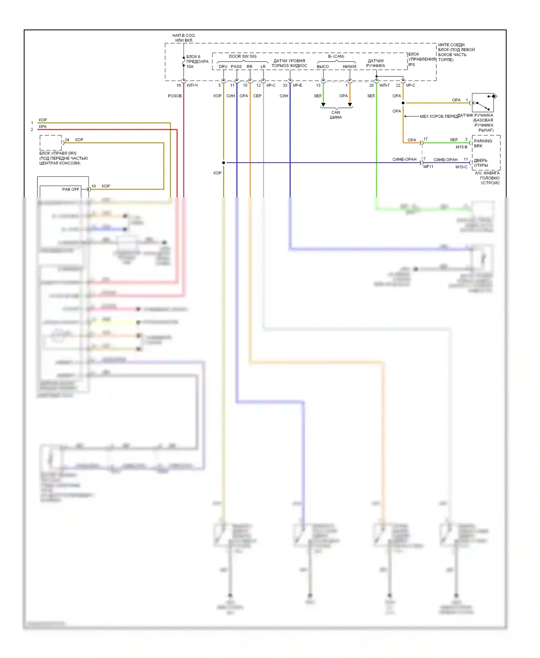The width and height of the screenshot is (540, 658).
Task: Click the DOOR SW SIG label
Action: pyautogui.click(x=243, y=56)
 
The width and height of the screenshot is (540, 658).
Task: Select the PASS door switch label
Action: pyautogui.click(x=236, y=67)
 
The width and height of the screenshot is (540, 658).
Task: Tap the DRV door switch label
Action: pyautogui.click(x=223, y=67)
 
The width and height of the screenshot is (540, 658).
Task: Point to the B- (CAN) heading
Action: pyautogui.click(x=336, y=56)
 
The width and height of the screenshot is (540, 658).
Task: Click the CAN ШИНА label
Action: pyautogui.click(x=336, y=115)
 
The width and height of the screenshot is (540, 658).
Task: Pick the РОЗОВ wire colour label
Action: pyautogui.click(x=175, y=96)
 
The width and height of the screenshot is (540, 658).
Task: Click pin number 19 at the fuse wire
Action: pyautogui.click(x=179, y=85)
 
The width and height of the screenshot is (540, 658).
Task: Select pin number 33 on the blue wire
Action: pyautogui.click(x=285, y=85)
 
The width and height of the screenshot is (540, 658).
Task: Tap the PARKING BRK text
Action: pyautogui.click(x=483, y=143)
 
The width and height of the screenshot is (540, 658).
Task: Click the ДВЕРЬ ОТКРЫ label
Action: pyautogui.click(x=481, y=163)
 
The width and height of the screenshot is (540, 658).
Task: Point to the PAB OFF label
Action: pyautogui.click(x=71, y=189)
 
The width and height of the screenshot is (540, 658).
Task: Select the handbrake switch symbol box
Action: pyautogui.click(x=483, y=102)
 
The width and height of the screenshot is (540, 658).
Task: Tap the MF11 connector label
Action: pyautogui.click(x=428, y=167)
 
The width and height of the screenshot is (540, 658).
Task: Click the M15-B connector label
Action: pyautogui.click(x=461, y=147)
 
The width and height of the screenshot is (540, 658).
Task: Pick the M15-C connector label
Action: pyautogui.click(x=461, y=167)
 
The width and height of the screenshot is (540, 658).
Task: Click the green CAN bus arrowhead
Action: pyautogui.click(x=323, y=105)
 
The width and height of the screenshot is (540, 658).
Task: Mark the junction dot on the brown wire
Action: pyautogui.click(x=224, y=163)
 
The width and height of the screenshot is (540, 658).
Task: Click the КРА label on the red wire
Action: pyautogui.click(x=42, y=127)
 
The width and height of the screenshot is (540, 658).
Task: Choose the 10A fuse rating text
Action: pyautogui.click(x=190, y=67)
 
